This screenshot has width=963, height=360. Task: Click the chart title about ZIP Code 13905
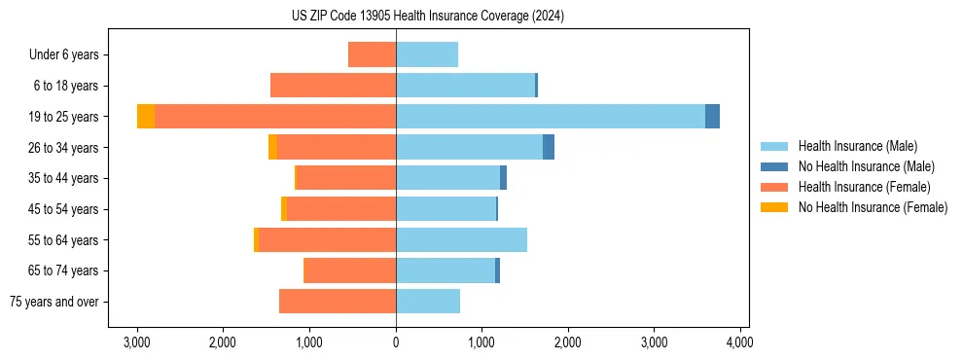(x=427, y=17)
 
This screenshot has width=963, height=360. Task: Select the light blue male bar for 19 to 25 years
(x=550, y=117)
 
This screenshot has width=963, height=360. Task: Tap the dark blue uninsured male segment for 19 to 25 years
(x=712, y=117)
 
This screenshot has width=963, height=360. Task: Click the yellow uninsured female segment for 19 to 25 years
(x=146, y=117)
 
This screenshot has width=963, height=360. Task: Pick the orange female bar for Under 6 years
(x=372, y=55)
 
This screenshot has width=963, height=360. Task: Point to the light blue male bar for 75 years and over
(x=428, y=302)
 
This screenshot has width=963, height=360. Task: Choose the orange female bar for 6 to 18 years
(x=333, y=86)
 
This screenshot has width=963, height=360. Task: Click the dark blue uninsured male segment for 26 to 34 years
(x=549, y=147)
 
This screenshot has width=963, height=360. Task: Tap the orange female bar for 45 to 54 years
(x=340, y=209)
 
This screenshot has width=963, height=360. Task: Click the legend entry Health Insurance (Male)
(x=857, y=146)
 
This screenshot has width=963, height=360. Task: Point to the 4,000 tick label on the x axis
(x=739, y=342)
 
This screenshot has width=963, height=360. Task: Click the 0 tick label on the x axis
(x=396, y=342)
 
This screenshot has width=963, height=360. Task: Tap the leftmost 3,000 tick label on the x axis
(x=137, y=342)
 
